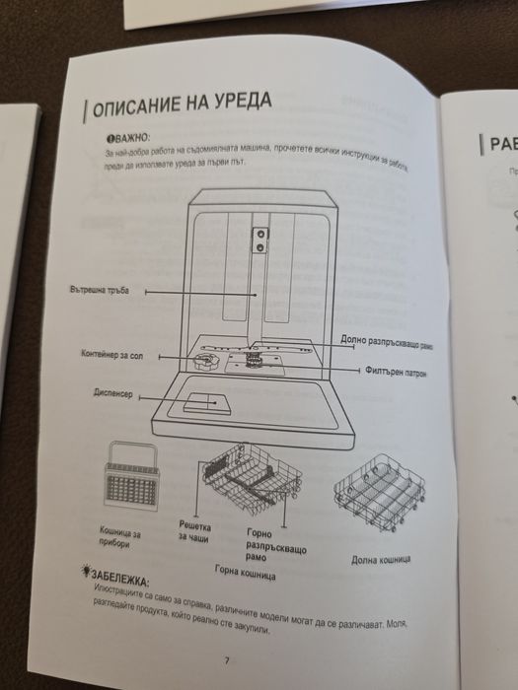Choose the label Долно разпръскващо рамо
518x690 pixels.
click(x=386, y=341)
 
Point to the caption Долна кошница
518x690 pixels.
click(x=380, y=560)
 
